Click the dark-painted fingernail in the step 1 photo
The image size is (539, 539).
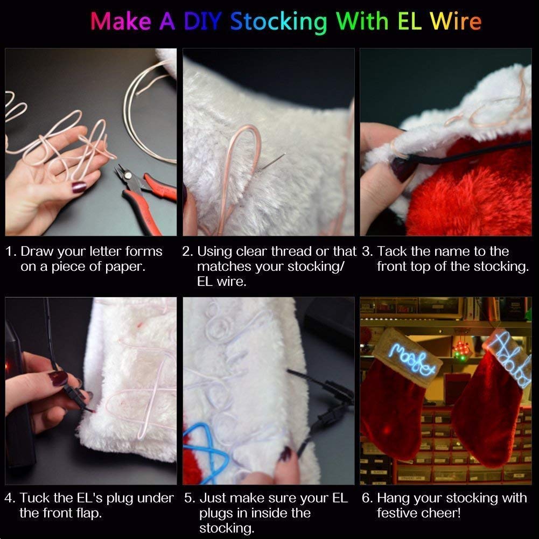[x=79, y=187]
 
